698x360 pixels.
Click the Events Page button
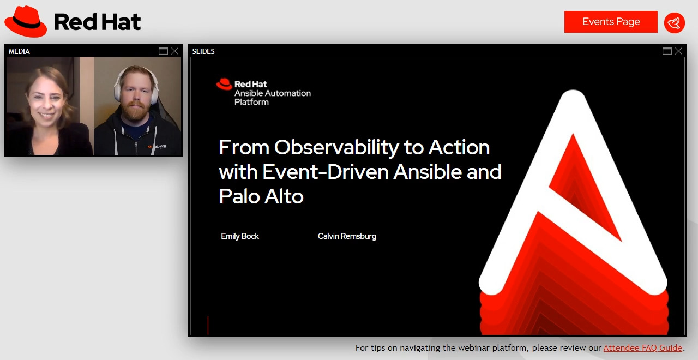[x=611, y=22]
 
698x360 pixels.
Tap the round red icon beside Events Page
[x=675, y=22]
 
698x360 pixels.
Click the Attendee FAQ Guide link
[x=642, y=347]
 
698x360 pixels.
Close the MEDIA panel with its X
[x=174, y=51]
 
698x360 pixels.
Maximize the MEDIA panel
[x=163, y=51]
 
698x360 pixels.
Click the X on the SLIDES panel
[x=678, y=51]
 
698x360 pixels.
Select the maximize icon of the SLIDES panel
[x=667, y=51]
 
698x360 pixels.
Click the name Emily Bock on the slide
[x=240, y=236]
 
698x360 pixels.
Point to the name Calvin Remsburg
[x=347, y=236]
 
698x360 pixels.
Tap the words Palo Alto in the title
[x=261, y=196]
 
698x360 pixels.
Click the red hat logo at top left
[x=26, y=22]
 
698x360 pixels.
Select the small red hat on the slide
[x=224, y=84]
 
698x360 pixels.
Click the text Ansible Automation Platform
[x=272, y=97]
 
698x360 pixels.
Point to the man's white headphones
[x=117, y=87]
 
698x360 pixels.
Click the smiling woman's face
[x=46, y=101]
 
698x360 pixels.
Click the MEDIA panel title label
[x=19, y=51]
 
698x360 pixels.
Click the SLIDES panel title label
[x=203, y=51]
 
